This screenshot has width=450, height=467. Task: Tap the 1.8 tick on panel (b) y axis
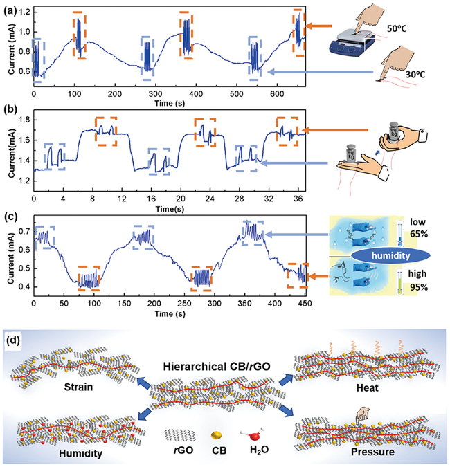pos(22,120)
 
